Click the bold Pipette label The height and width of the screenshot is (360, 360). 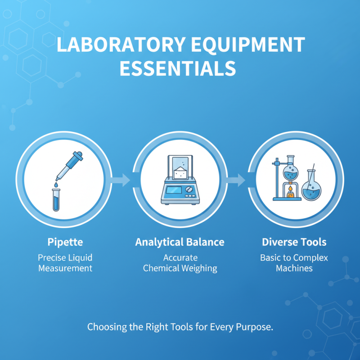pos(65,242)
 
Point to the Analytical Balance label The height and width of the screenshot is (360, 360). pos(180,242)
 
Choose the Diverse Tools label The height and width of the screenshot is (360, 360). pos(294,242)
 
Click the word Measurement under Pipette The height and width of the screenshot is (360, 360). pos(65,269)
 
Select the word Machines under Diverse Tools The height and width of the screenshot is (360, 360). pos(294,269)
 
